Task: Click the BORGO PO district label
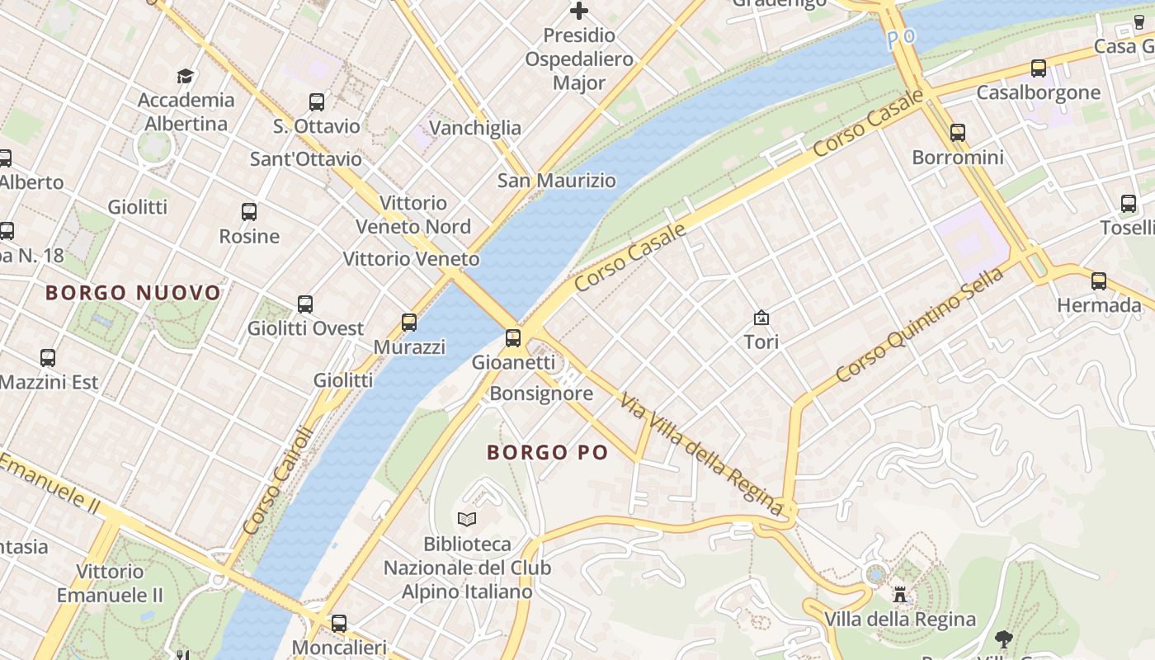point(547,452)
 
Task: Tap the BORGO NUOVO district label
point(133,293)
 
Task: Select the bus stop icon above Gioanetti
point(513,337)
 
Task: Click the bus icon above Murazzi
point(409,323)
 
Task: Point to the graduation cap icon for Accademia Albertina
point(186,77)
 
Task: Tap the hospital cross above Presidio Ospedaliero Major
point(579,11)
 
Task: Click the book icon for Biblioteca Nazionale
point(467,519)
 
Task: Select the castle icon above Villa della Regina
point(899,594)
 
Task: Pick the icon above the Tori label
point(761,318)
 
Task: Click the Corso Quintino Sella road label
point(919,325)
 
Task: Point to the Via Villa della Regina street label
point(700,454)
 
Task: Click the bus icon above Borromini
point(957,132)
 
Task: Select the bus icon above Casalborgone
point(1038,68)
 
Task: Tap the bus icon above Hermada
point(1099,281)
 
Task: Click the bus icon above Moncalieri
point(339,624)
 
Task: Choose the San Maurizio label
point(556,181)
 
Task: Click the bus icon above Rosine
point(249,212)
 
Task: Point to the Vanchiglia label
point(475,128)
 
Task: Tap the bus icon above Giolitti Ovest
point(305,304)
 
